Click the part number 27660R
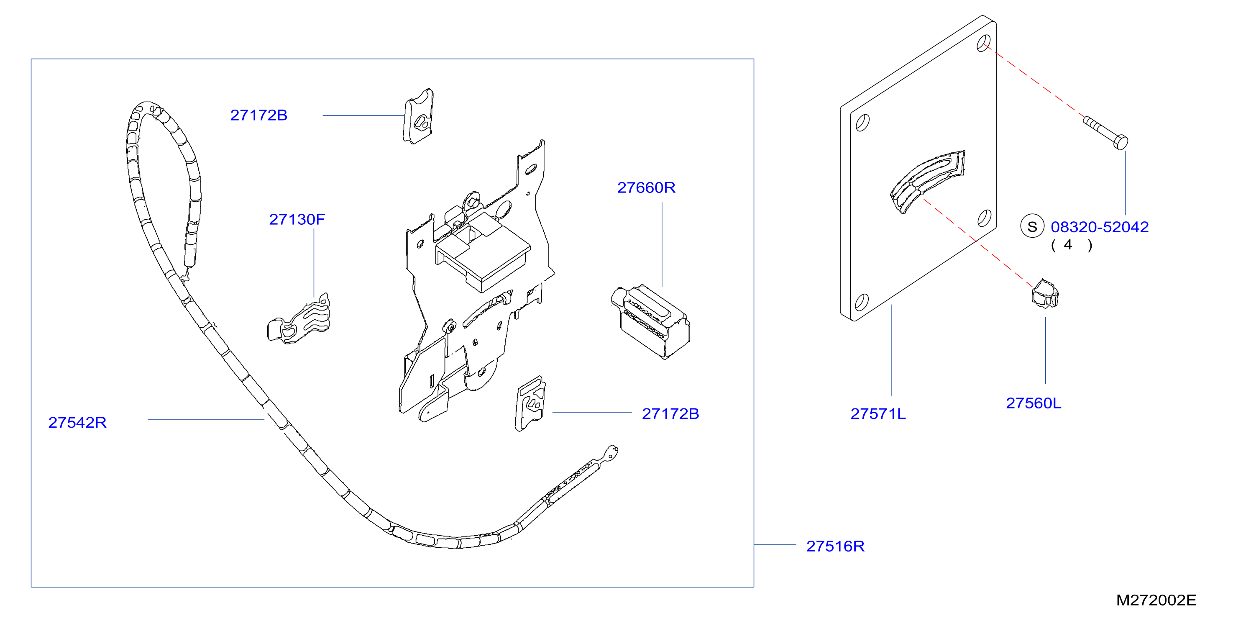click(x=646, y=187)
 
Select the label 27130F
click(x=297, y=219)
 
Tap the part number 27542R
click(x=77, y=423)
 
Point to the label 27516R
click(x=835, y=546)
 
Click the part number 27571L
click(x=878, y=414)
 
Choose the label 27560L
click(x=1034, y=403)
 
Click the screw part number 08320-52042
click(x=1100, y=226)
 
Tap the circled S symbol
click(x=1032, y=226)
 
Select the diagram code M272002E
click(x=1156, y=600)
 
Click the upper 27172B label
click(x=259, y=115)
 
